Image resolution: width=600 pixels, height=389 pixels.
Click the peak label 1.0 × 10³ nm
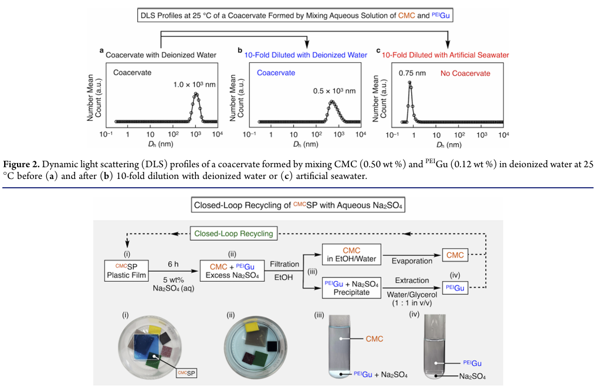coord(194,84)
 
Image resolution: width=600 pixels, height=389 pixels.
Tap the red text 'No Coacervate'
coord(465,73)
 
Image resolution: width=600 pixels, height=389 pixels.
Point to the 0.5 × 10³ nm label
coord(334,91)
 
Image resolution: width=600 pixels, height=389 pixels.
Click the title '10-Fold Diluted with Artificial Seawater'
coord(445,55)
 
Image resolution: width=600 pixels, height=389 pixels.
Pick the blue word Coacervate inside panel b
coord(276,73)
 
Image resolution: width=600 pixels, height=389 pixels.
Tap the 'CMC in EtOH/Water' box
coord(351,255)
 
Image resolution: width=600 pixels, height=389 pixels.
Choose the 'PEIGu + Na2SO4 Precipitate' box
coord(351,287)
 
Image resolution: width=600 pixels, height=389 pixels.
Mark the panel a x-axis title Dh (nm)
coord(161,144)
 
